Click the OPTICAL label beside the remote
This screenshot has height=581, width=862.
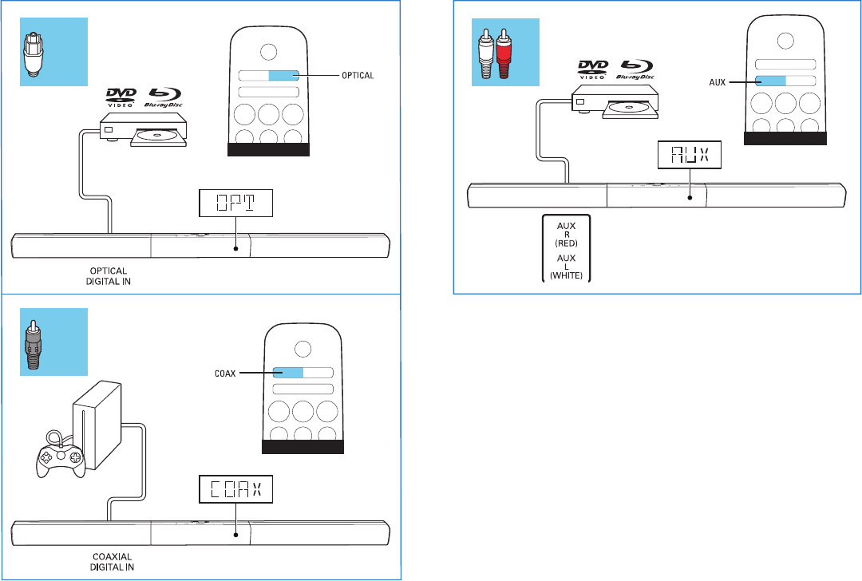click(x=355, y=76)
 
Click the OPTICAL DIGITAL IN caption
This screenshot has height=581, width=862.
click(x=106, y=275)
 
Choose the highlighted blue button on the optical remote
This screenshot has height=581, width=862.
click(x=283, y=76)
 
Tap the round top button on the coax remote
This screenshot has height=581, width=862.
click(x=302, y=348)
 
